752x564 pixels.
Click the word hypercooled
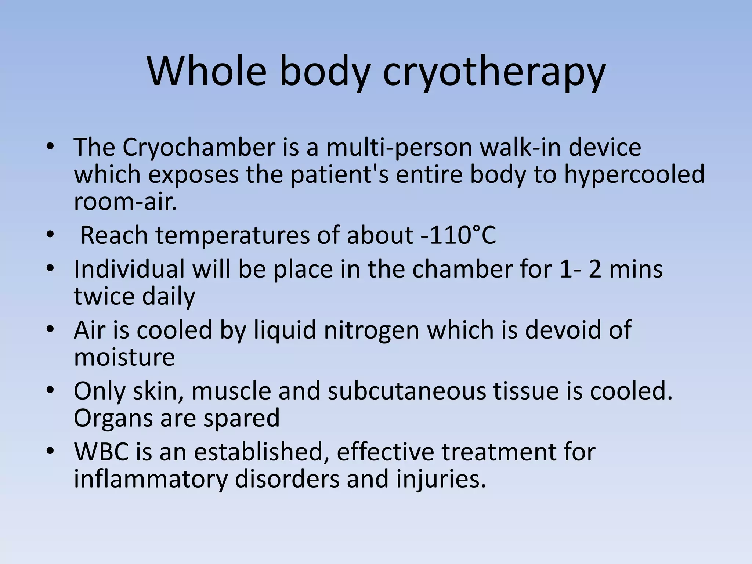[634, 175]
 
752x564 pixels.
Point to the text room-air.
[125, 202]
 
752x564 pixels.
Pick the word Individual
[129, 269]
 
